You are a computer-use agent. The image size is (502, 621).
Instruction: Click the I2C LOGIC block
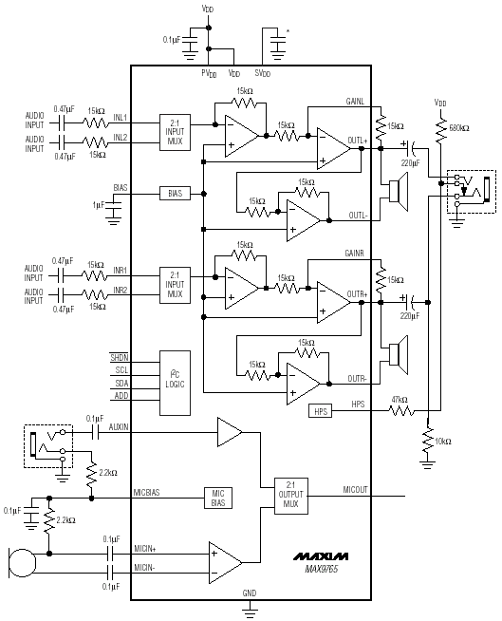click(175, 383)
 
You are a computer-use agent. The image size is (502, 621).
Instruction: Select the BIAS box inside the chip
click(175, 194)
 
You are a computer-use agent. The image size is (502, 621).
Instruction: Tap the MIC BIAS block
click(217, 498)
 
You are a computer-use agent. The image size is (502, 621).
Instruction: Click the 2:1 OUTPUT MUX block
click(291, 496)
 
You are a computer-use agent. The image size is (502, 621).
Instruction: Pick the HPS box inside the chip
click(321, 411)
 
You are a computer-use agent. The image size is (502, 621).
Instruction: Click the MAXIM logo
click(321, 556)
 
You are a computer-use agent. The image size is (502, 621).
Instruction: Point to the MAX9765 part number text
click(322, 569)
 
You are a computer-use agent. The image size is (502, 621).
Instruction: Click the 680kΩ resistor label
click(459, 128)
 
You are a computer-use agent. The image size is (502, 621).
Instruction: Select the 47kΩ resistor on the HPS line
click(401, 411)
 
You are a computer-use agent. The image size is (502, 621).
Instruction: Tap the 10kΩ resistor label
click(443, 442)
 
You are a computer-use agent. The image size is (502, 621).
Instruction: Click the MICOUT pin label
click(355, 490)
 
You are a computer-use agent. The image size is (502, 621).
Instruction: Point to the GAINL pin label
click(355, 102)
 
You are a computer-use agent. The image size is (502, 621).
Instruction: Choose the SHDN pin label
click(120, 358)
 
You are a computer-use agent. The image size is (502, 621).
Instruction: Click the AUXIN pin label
click(119, 427)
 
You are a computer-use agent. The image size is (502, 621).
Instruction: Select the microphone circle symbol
click(23, 563)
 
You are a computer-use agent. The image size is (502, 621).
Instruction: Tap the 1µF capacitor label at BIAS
click(99, 205)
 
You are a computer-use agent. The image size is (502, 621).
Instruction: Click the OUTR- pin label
click(357, 379)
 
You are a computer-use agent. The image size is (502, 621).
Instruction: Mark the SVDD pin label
click(263, 73)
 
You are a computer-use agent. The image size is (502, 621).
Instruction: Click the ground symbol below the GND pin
click(250, 611)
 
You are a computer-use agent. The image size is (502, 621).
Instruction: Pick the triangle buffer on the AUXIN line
click(230, 432)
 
